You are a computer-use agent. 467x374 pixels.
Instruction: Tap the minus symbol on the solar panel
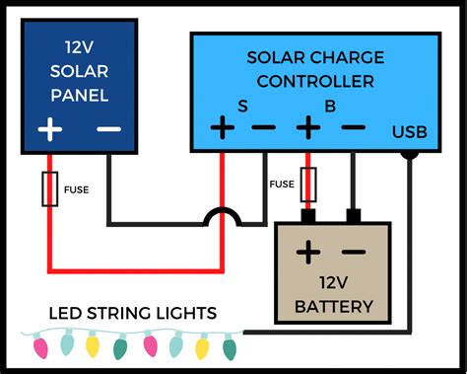tap(108, 130)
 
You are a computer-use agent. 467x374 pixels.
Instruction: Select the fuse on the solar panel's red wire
tap(48, 189)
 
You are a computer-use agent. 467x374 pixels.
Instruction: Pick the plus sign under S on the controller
tap(221, 128)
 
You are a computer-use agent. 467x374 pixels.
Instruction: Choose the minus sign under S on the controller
tap(264, 128)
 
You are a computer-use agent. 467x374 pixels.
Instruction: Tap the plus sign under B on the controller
tap(309, 128)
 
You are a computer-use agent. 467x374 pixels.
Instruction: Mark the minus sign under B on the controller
tap(353, 128)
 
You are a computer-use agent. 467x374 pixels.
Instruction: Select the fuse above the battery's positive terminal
tap(308, 184)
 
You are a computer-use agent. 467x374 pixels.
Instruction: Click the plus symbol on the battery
tap(309, 252)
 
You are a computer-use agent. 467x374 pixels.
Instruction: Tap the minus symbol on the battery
tap(354, 252)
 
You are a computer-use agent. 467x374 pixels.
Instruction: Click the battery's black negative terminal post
tap(353, 215)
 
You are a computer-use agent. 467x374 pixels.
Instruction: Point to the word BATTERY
tap(333, 307)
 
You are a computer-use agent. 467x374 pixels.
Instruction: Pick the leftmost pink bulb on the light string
tap(41, 346)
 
